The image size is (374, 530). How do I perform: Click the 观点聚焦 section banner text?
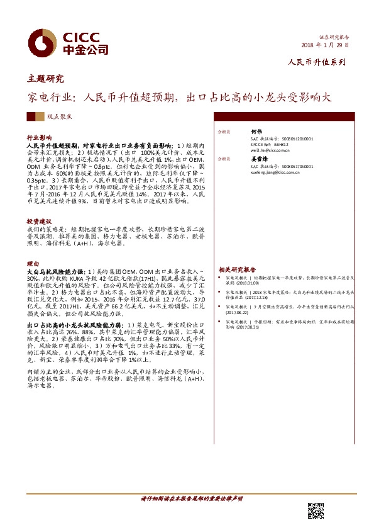60,117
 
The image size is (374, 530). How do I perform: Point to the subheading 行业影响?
39,137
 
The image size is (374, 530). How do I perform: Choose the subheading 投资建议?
39,222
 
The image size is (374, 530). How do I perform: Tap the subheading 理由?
33,264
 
